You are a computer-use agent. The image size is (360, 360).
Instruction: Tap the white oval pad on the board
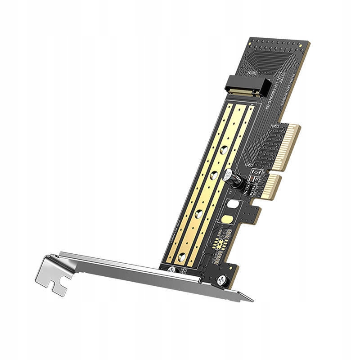[x=233, y=204]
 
